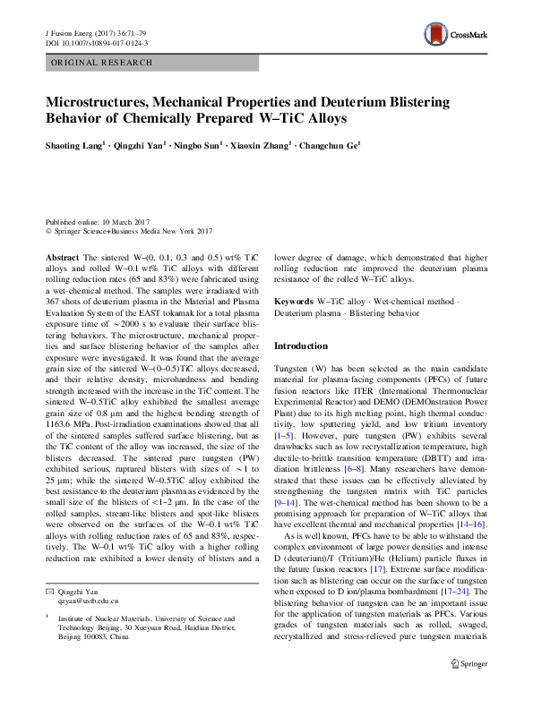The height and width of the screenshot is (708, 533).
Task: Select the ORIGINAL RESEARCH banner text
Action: pyautogui.click(x=101, y=63)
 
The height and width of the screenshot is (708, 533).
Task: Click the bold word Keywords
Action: pyautogui.click(x=294, y=303)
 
